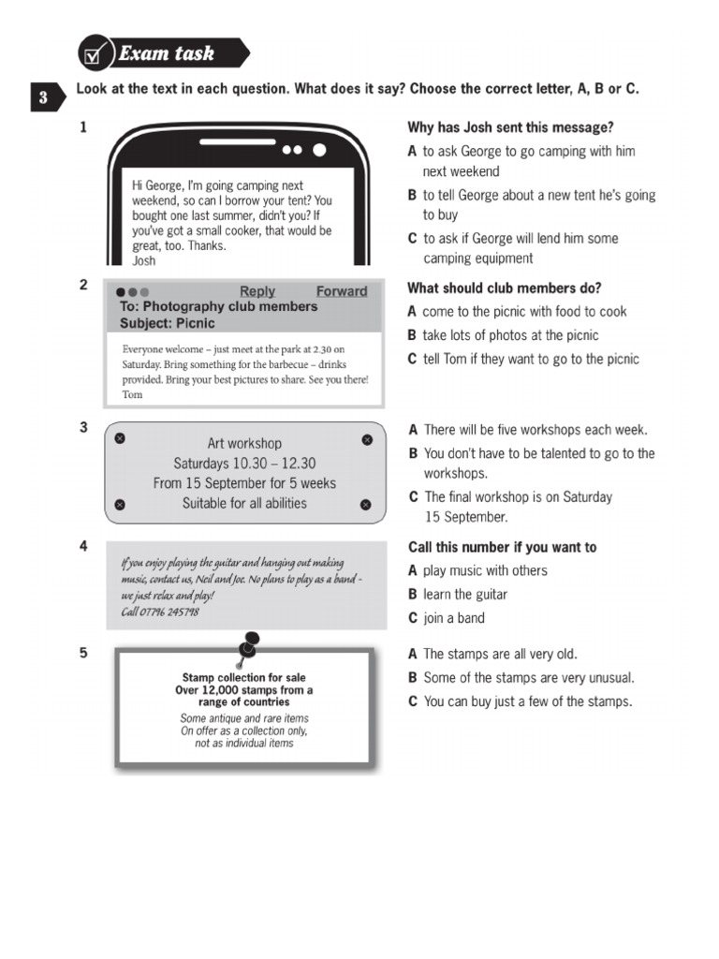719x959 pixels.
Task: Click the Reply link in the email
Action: coord(257,291)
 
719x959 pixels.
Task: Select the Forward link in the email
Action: coord(342,291)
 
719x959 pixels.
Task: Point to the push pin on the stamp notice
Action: coord(250,644)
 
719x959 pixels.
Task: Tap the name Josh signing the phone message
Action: coord(144,261)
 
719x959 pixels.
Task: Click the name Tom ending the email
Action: coord(133,394)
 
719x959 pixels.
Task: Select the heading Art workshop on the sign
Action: coord(244,443)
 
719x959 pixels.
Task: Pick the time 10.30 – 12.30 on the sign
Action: coord(244,464)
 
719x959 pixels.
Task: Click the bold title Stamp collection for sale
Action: coord(243,677)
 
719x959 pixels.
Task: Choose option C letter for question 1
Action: coord(412,239)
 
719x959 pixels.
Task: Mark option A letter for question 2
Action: coord(412,312)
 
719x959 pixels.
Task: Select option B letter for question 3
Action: coord(412,453)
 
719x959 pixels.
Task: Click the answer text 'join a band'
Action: coord(454,618)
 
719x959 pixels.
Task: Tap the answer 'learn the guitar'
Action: coord(465,595)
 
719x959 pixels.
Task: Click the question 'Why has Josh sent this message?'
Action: coord(510,127)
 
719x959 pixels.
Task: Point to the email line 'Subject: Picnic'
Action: coord(168,323)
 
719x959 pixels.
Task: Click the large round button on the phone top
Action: coord(320,150)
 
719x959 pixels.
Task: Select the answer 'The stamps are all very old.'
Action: coord(500,655)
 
